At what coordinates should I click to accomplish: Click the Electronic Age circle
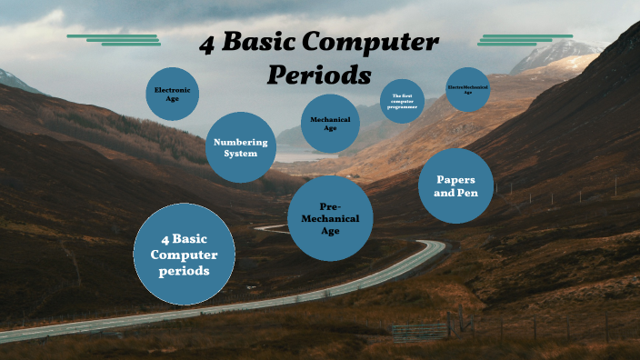coord(172,94)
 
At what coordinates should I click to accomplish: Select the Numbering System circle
coord(241,147)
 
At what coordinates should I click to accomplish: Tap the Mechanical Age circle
coord(330,124)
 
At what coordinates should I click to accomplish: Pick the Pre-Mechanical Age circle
coord(330,218)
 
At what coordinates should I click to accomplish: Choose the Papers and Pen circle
coord(455,186)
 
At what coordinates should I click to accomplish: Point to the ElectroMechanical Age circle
coord(468,89)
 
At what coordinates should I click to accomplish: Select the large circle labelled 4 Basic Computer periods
coord(185,254)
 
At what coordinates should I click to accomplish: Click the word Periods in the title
coord(319,74)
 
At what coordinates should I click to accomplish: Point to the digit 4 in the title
coord(207,44)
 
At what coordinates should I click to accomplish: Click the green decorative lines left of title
coord(115,39)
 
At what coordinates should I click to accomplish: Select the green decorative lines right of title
coord(526,39)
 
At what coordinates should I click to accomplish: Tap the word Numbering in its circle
coord(240,142)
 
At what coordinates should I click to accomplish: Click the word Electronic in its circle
coord(172,90)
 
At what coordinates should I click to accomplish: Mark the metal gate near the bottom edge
coord(420,330)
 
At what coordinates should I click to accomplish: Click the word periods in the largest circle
coord(185,271)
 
